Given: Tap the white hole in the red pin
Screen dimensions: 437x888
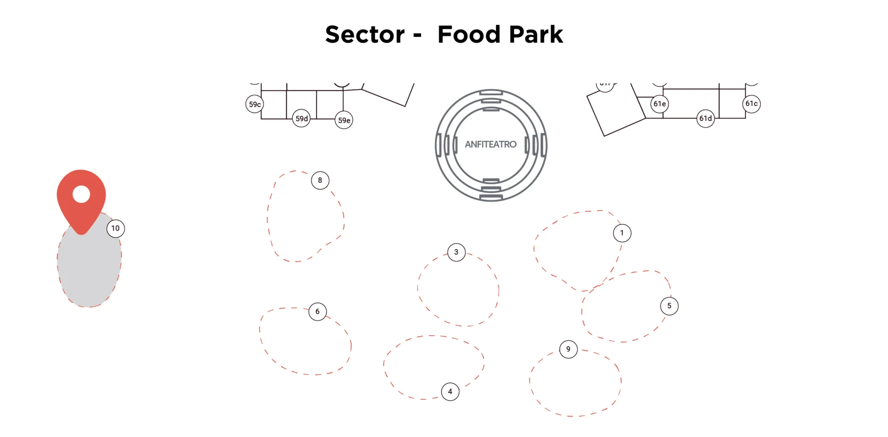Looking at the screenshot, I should point(81,194).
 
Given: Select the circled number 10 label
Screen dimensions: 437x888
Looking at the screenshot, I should point(116,228).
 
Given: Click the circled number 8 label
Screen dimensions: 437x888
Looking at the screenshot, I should point(320,180).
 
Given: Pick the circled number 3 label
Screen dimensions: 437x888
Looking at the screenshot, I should point(456,252).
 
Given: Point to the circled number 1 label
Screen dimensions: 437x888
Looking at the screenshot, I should point(622,233).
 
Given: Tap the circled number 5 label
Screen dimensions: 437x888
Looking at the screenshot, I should point(669,306).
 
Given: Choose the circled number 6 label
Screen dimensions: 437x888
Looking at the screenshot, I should point(317,312).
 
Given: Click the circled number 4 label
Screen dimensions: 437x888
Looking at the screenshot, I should point(450,392).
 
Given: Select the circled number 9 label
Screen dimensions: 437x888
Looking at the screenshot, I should point(568,349).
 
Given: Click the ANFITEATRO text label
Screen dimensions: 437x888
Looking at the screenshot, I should point(491,144).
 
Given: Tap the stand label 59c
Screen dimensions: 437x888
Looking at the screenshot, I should point(255,104).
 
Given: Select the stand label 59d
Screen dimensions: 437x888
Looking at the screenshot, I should point(302,119).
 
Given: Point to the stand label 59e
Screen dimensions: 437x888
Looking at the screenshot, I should point(344,120).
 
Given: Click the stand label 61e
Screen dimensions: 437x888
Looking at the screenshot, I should point(660,104).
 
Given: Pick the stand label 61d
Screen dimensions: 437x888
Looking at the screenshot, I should point(705,119).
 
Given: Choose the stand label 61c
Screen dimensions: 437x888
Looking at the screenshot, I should point(752,104).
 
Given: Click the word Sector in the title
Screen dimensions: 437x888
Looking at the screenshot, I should point(365,35).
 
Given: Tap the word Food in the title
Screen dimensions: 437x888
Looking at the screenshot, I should point(469,35).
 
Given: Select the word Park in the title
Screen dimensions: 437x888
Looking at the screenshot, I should point(536,35).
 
